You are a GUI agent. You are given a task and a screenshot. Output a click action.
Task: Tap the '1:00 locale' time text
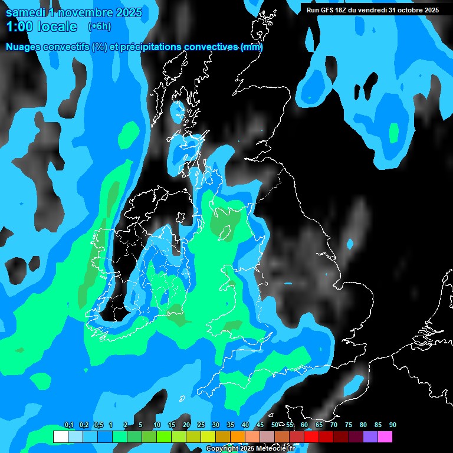[42, 27]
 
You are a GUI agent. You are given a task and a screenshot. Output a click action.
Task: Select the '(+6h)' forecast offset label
[99, 27]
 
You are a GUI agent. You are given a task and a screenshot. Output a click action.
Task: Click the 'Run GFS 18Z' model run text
[328, 10]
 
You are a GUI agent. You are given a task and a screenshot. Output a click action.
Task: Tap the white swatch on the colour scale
[60, 437]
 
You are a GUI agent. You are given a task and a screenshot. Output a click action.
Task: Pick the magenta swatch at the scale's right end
[385, 437]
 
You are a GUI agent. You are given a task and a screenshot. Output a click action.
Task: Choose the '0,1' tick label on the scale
[69, 425]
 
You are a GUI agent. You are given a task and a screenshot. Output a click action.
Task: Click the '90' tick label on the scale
[392, 425]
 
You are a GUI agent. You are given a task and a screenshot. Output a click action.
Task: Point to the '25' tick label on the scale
[201, 425]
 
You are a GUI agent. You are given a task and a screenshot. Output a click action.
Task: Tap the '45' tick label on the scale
[260, 425]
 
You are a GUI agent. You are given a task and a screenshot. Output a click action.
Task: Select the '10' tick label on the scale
[156, 425]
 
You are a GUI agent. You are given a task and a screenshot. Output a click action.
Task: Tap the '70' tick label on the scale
[334, 425]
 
